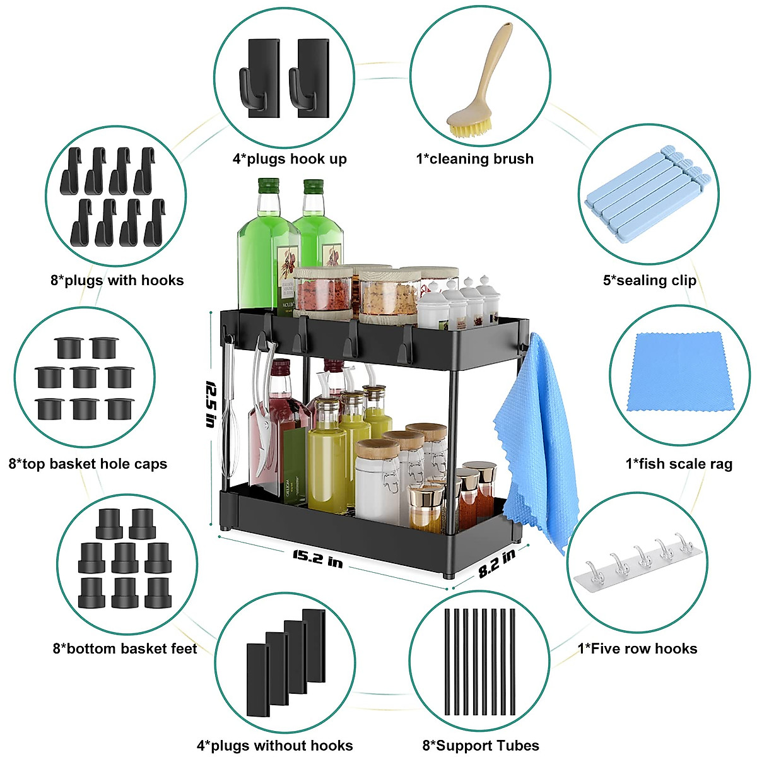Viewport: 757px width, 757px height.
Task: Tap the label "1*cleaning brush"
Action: (474, 159)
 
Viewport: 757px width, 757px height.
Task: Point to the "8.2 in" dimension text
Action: (496, 563)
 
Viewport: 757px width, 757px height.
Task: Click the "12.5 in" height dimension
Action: (211, 404)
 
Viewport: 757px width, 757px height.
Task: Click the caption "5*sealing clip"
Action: (649, 281)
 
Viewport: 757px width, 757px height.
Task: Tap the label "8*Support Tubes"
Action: (481, 746)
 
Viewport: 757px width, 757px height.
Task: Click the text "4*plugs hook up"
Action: (290, 159)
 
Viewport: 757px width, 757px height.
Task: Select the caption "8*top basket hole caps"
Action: (88, 464)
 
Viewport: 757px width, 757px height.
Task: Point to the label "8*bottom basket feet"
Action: (125, 648)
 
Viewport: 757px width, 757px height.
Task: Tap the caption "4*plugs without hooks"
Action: (274, 746)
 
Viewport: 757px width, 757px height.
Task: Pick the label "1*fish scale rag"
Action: (679, 464)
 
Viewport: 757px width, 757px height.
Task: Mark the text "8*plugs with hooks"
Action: (117, 281)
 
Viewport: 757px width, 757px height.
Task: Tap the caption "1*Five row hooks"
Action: (637, 648)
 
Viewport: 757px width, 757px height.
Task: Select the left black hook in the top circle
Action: (259, 78)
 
